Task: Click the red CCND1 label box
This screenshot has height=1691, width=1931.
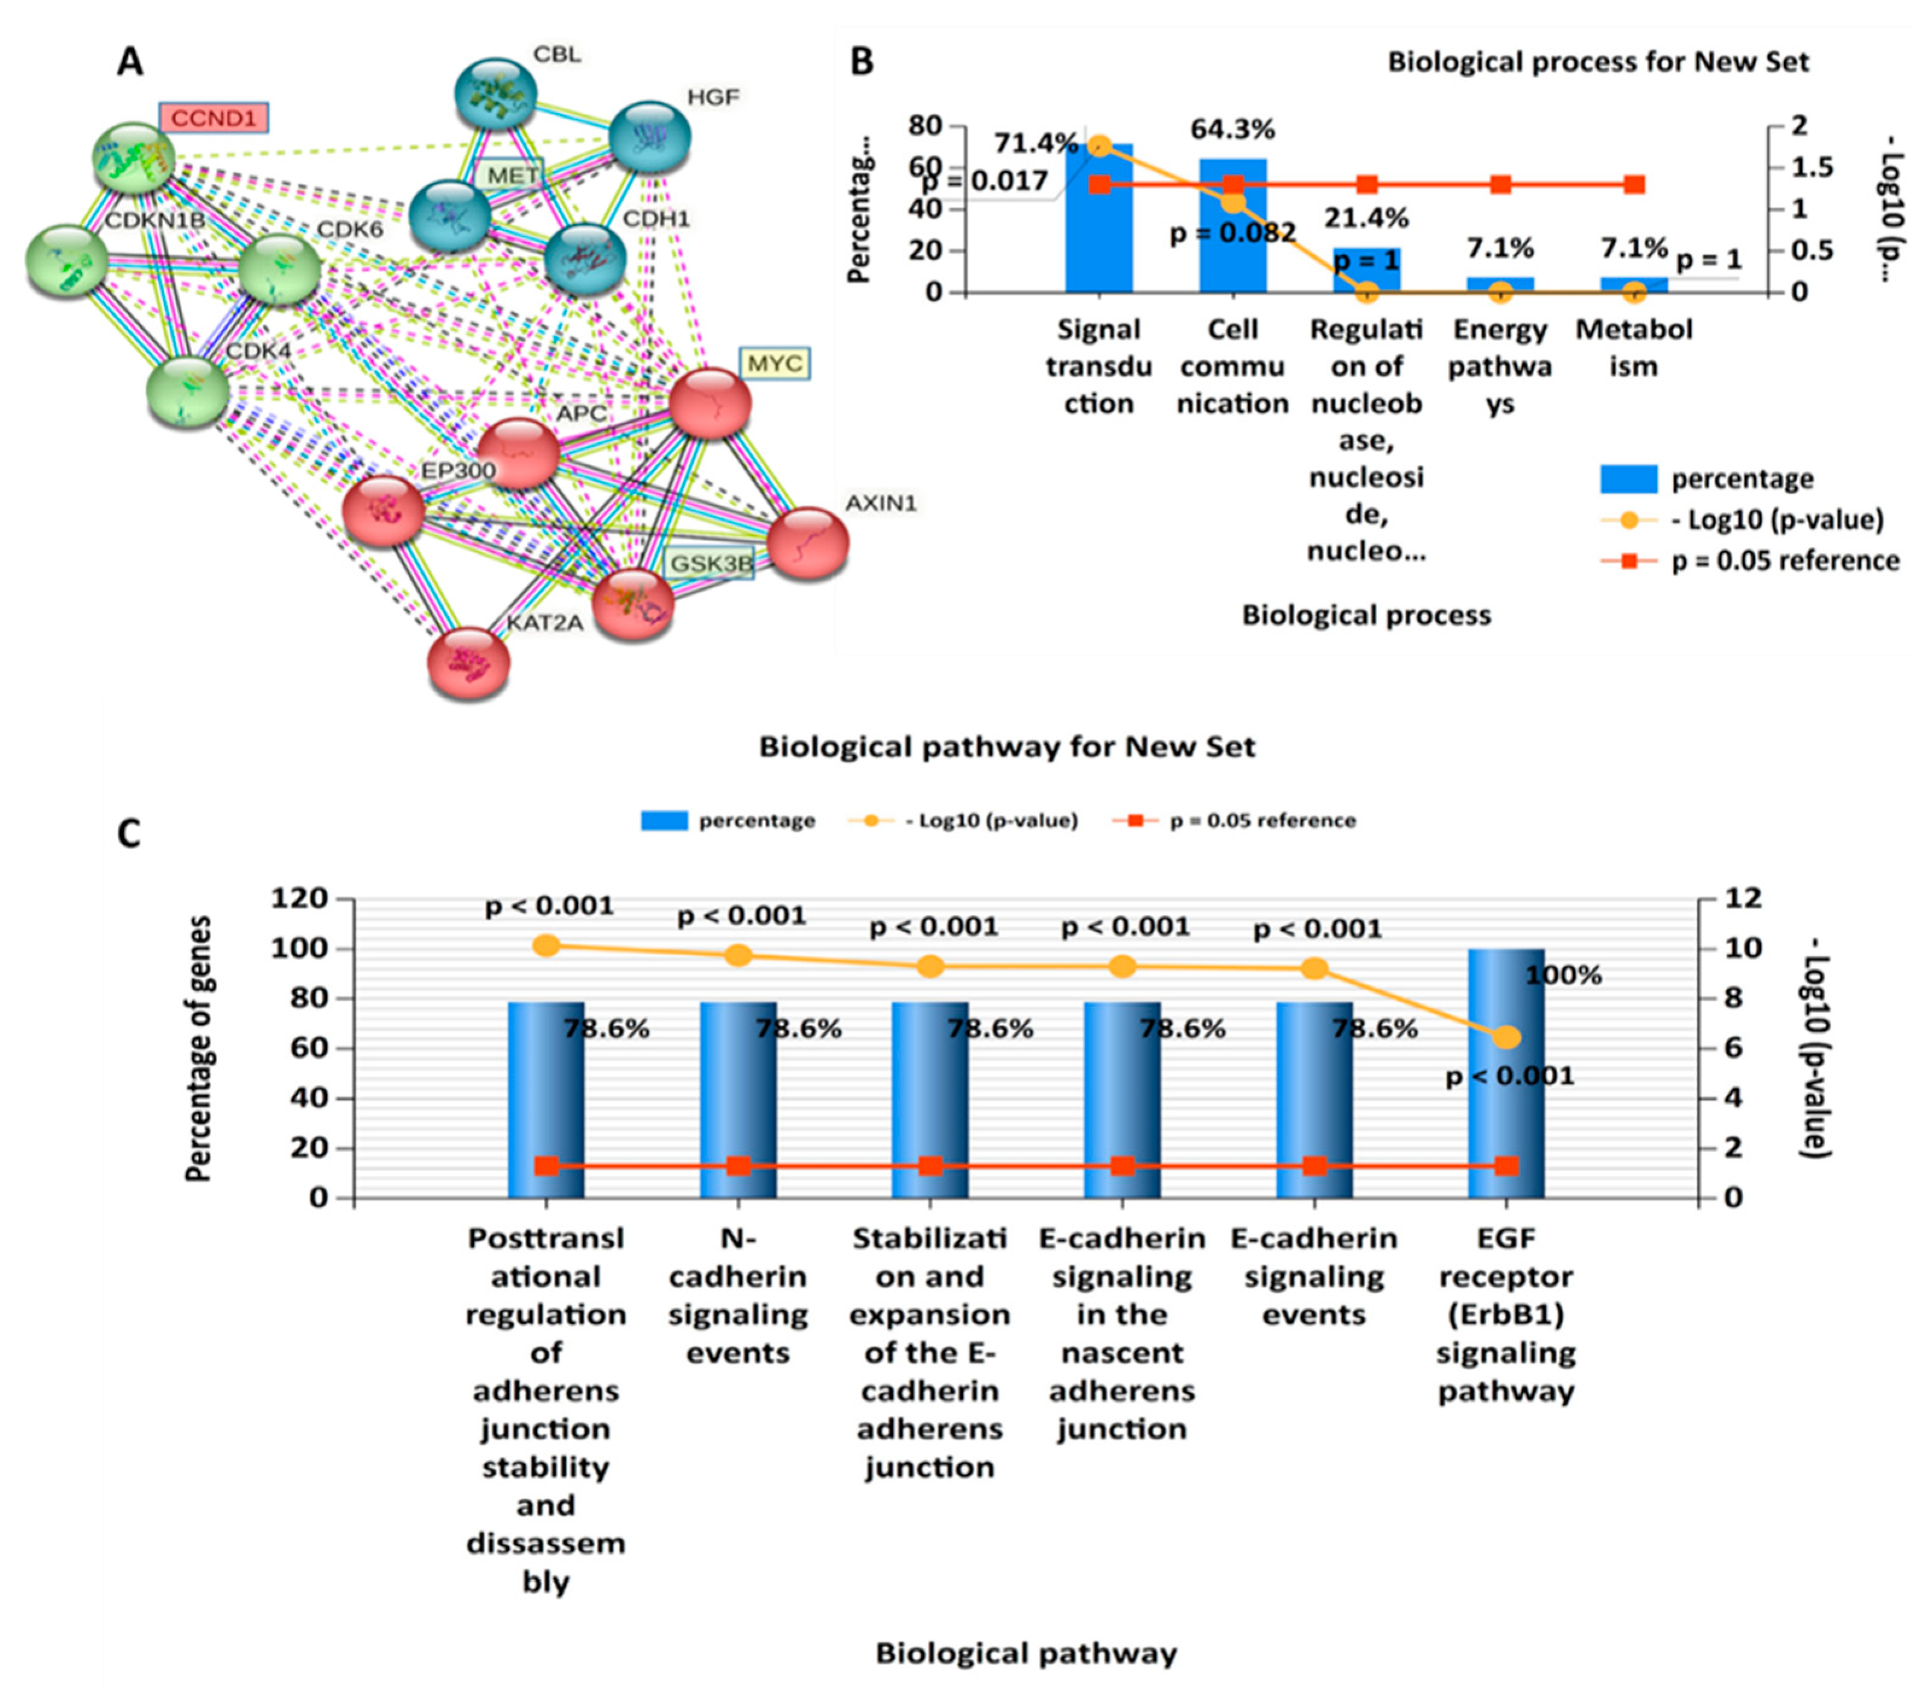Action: click(x=213, y=118)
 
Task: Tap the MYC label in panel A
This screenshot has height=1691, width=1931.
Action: click(x=775, y=363)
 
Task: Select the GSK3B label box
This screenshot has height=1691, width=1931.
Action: click(x=711, y=563)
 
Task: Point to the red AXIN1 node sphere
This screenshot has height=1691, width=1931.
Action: click(x=808, y=542)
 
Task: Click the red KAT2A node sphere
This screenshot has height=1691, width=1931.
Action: click(x=469, y=662)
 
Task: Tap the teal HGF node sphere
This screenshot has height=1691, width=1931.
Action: click(x=650, y=138)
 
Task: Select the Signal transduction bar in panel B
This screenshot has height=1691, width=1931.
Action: click(x=1099, y=222)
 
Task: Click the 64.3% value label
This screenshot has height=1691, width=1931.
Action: click(x=1233, y=128)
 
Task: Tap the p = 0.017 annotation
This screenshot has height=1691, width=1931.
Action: click(x=985, y=180)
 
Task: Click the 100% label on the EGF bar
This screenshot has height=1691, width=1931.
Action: click(x=1563, y=976)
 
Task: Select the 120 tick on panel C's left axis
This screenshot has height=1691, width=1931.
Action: click(x=299, y=898)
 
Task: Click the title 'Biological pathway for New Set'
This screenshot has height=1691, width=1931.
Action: click(x=1007, y=747)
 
